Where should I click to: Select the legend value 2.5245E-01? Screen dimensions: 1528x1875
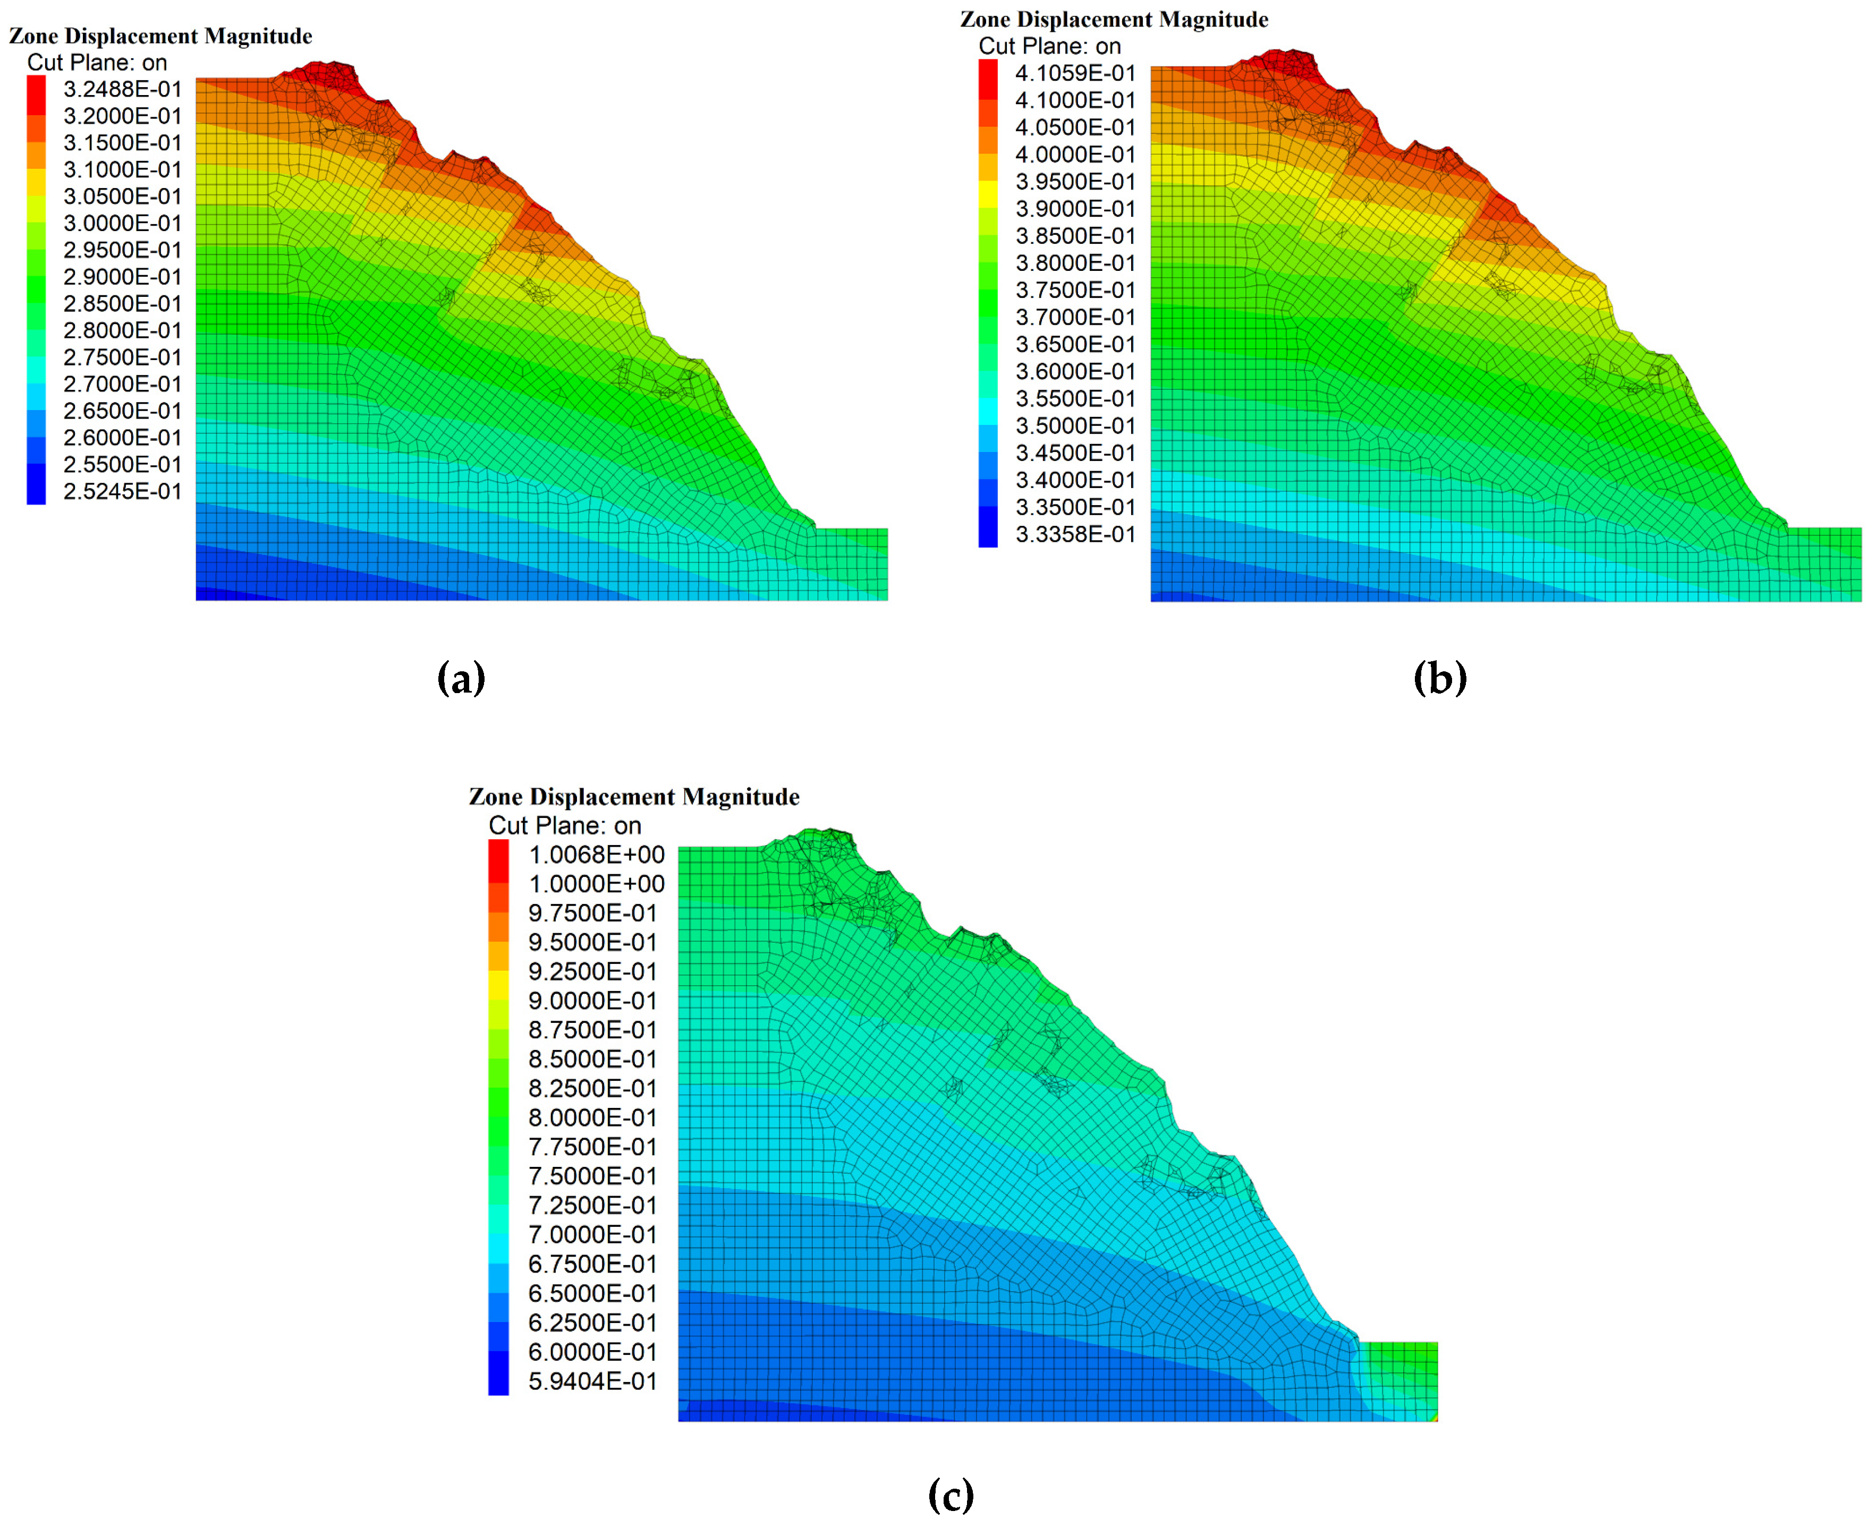(122, 491)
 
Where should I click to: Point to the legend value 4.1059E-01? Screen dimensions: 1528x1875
(1075, 73)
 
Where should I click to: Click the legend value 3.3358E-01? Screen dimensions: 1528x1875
(1075, 534)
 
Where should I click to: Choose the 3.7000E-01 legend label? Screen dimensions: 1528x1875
(1075, 317)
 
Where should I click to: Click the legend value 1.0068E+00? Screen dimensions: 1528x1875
(596, 855)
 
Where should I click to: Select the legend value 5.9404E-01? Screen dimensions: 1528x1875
(592, 1381)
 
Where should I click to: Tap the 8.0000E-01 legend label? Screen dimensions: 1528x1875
(592, 1118)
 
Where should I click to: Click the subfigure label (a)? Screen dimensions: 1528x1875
(461, 678)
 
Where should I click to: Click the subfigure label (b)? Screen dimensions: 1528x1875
(1440, 678)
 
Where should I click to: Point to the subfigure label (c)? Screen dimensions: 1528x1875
(951, 1493)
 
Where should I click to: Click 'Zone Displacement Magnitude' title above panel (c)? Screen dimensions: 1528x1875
(634, 797)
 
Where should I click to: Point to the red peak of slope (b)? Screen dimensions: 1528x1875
(1285, 63)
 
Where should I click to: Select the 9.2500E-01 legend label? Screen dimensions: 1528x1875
(592, 972)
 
